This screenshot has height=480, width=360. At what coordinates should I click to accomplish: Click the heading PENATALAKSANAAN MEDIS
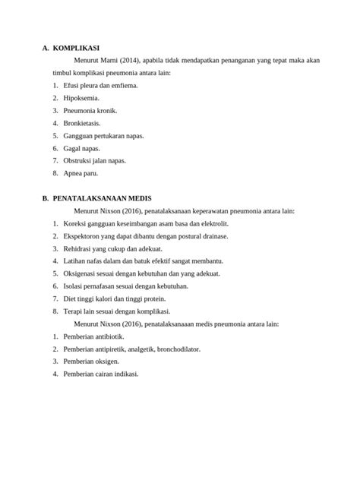(103, 197)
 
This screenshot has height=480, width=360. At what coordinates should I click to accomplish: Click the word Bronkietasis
(82, 122)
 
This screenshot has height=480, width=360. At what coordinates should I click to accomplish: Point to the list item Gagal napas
(82, 148)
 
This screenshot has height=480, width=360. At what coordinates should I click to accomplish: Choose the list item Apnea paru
(81, 173)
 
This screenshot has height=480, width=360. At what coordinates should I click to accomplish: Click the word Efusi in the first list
(72, 85)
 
